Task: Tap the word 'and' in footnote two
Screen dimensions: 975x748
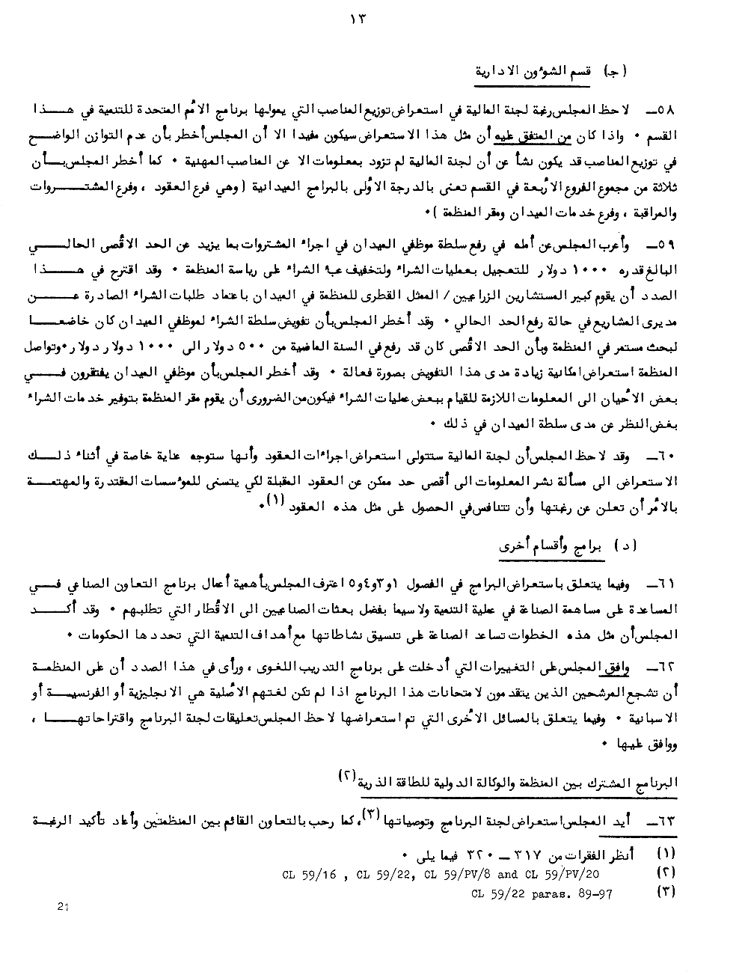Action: click(x=507, y=873)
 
